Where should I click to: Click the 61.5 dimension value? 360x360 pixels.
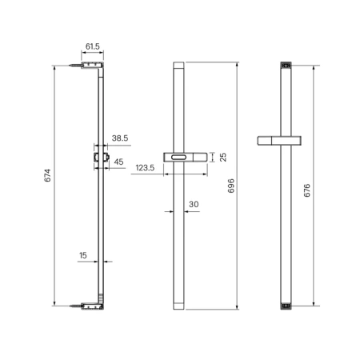pyautogui.click(x=93, y=46)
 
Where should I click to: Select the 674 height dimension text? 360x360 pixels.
pyautogui.click(x=47, y=175)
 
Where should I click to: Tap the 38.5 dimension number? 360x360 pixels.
pyautogui.click(x=120, y=138)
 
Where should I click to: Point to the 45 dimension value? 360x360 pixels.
pyautogui.click(x=118, y=162)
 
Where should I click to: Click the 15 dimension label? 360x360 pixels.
pyautogui.click(x=83, y=255)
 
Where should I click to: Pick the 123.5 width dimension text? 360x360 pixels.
pyautogui.click(x=145, y=168)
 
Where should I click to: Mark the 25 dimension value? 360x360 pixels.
pyautogui.click(x=223, y=157)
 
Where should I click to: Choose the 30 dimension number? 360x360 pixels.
pyautogui.click(x=194, y=204)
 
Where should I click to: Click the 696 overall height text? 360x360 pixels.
pyautogui.click(x=231, y=186)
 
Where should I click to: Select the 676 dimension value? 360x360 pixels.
pyautogui.click(x=307, y=190)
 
